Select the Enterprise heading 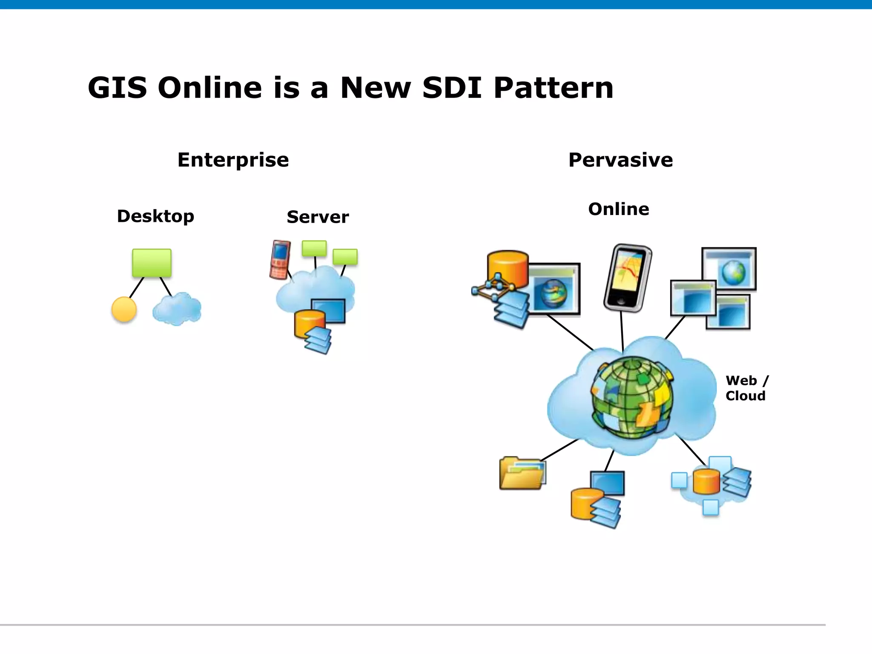pos(233,160)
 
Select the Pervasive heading pos(620,160)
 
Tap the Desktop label pos(155,216)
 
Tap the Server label pos(318,217)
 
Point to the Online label pos(618,209)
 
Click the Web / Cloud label pos(746,388)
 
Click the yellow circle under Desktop pos(124,309)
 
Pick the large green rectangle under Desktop pos(152,263)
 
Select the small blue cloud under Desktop pos(177,308)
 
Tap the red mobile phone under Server pos(280,260)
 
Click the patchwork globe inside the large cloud pos(632,398)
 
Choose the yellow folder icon pos(522,473)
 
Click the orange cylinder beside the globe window pos(508,269)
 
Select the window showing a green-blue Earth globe pos(729,269)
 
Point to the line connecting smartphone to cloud pos(622,331)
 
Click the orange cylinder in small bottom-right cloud pos(706,481)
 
